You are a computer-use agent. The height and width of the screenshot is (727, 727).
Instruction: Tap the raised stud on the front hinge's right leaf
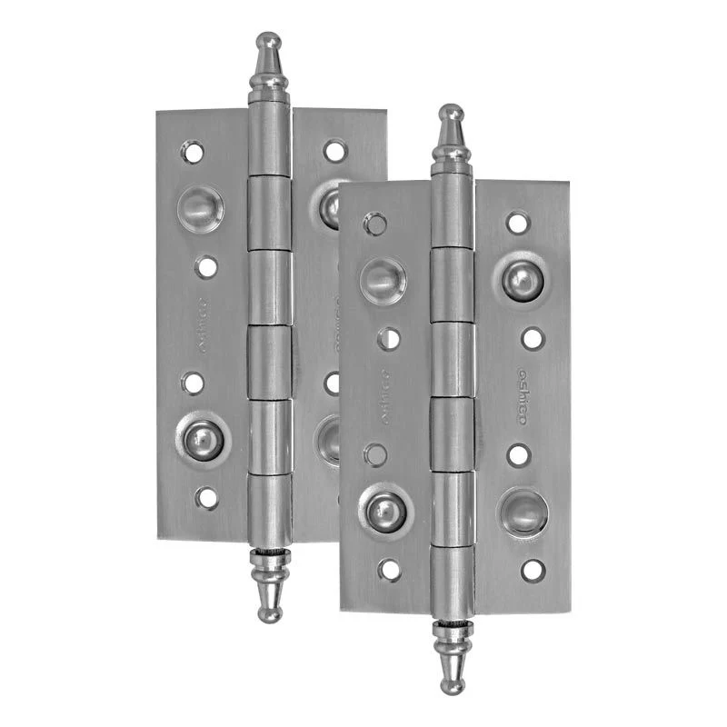tap(522, 280)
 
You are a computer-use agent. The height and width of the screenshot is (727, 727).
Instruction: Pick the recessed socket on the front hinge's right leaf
tap(522, 514)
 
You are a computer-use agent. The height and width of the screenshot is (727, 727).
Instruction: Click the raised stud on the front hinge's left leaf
tap(385, 512)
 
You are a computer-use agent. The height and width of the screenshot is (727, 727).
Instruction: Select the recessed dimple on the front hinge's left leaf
tap(383, 280)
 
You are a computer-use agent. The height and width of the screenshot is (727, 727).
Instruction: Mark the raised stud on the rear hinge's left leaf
tap(204, 440)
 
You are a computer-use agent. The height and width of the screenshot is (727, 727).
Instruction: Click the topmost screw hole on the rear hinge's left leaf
tap(193, 151)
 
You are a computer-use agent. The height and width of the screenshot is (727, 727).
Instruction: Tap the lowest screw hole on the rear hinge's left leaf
tap(207, 497)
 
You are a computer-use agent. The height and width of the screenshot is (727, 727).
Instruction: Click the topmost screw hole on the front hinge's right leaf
tap(518, 222)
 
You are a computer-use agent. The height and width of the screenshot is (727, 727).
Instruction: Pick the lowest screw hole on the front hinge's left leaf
tap(390, 570)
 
